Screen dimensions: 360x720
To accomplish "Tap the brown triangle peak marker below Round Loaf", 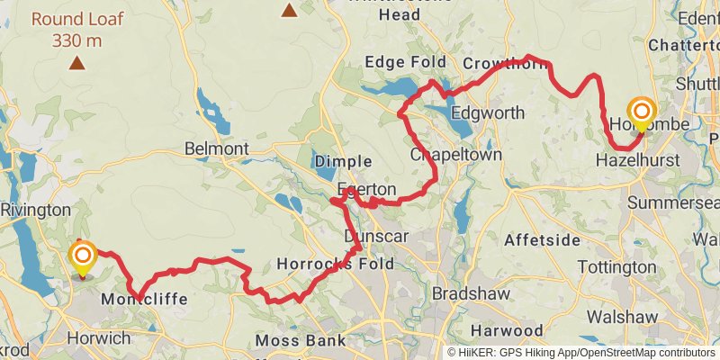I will (x=77, y=63).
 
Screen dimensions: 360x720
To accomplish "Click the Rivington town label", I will (x=35, y=209).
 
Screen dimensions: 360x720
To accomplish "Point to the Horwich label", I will (x=99, y=338).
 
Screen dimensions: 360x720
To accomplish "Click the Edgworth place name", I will (x=486, y=113).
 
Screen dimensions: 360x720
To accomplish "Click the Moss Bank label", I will (x=301, y=340).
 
